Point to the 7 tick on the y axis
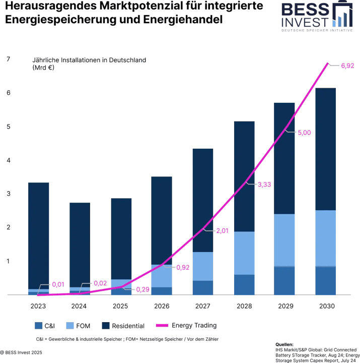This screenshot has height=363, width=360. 8,59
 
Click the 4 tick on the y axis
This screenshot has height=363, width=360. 8,160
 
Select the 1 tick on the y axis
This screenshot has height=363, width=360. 8,261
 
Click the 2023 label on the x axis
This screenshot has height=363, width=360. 38,306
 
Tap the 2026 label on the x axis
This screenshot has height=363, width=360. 162,306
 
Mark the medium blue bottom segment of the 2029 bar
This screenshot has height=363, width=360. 285,281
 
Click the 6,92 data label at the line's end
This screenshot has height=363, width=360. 348,66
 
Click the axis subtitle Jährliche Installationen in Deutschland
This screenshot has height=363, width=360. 89,60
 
